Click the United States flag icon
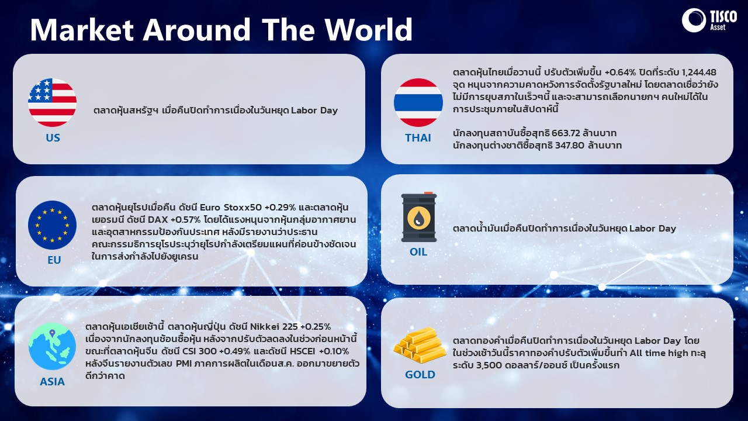pos(52,102)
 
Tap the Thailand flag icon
pos(418,102)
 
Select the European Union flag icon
pos(52,225)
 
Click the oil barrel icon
pos(419,217)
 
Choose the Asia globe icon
pos(52,346)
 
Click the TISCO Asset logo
pos(709,20)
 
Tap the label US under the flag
pos(53,137)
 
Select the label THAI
pos(418,137)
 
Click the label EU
pos(54,260)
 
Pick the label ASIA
pos(52,382)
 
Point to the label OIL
pos(418,252)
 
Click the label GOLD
pos(420,375)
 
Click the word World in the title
pos(369,29)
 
